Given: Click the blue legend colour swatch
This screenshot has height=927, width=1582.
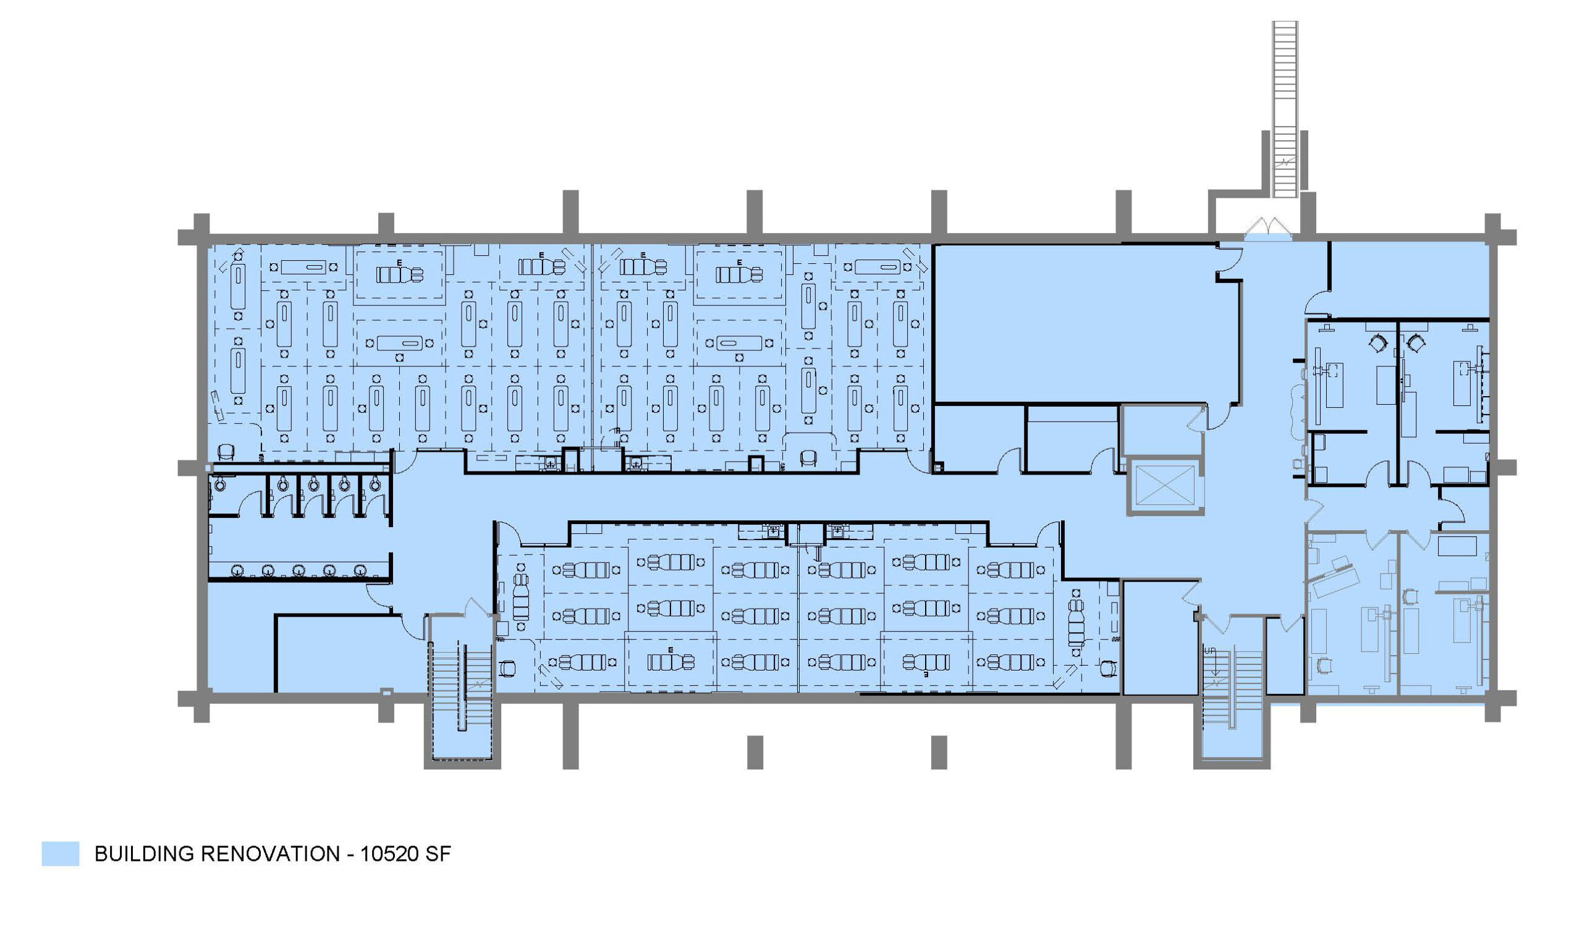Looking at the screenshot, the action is pyautogui.click(x=61, y=853).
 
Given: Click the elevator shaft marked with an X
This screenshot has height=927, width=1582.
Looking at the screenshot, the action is pyautogui.click(x=1165, y=486).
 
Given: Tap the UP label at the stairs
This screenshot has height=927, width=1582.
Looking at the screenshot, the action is pyautogui.click(x=1209, y=651).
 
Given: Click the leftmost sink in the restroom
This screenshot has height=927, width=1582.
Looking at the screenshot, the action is pyautogui.click(x=237, y=569).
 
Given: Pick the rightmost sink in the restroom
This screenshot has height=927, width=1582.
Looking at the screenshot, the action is pyautogui.click(x=360, y=569).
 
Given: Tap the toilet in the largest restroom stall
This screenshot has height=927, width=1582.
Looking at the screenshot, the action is pyautogui.click(x=221, y=483).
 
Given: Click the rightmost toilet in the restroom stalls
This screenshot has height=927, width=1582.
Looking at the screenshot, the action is pyautogui.click(x=374, y=483).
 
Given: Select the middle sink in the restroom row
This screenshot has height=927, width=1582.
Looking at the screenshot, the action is pyautogui.click(x=299, y=569).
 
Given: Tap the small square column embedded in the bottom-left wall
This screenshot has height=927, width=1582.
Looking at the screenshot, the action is pyautogui.click(x=387, y=692).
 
